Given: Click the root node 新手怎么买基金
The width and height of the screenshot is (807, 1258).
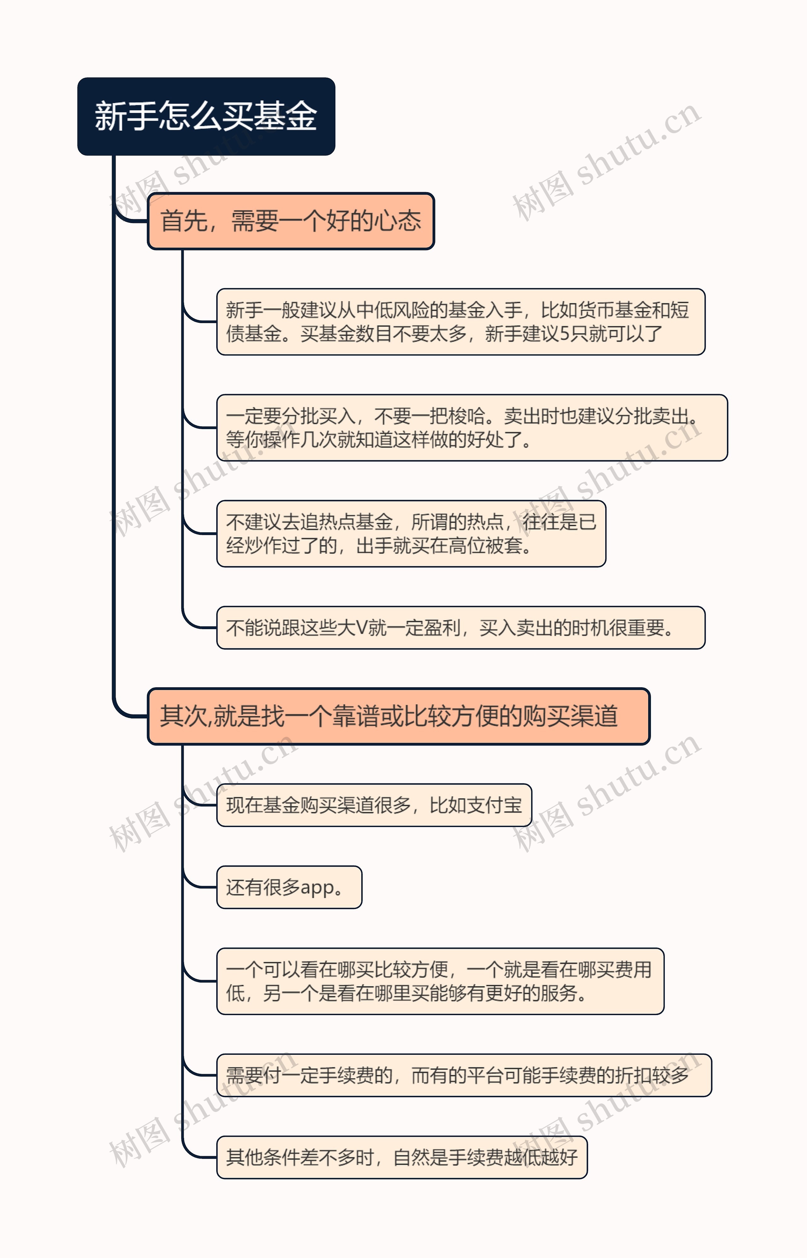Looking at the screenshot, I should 206,116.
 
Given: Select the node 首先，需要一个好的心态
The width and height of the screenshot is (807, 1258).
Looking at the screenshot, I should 291,221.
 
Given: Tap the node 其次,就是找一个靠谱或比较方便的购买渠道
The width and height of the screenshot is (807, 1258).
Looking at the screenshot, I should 398,716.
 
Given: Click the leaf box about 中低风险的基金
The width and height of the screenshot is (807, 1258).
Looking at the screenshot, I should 461,322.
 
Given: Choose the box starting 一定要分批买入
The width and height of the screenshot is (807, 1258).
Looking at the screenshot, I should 472,427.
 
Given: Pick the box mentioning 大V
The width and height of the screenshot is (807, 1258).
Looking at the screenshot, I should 461,628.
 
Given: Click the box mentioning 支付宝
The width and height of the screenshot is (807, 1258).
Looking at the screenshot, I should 374,805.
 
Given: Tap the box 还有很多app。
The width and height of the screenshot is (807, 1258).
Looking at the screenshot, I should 289,887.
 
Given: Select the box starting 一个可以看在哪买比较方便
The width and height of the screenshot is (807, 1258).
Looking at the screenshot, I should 440,981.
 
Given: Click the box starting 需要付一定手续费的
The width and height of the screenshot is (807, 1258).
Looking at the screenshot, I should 464,1075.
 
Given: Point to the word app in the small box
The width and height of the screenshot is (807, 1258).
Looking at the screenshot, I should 317,887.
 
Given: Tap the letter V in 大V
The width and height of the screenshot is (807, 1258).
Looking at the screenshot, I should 361,628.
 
